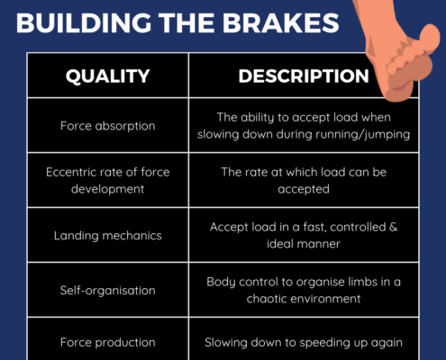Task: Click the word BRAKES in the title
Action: pyautogui.click(x=280, y=23)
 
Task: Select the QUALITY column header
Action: pyautogui.click(x=108, y=76)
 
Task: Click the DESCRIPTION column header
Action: pyautogui.click(x=304, y=76)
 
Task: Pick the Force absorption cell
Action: pyautogui.click(x=108, y=126)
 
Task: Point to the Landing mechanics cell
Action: pyautogui.click(x=108, y=236)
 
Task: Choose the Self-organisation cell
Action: pyautogui.click(x=108, y=291)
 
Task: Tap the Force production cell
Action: pyautogui.click(x=108, y=342)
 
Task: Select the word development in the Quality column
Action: pyautogui.click(x=108, y=189)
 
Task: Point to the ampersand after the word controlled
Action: pyautogui.click(x=393, y=227)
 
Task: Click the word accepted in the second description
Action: pyautogui.click(x=304, y=189)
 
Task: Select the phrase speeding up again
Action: pyautogui.click(x=350, y=343)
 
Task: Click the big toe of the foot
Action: pyautogui.click(x=430, y=38)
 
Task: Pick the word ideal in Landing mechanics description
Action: pyautogui.click(x=278, y=244)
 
